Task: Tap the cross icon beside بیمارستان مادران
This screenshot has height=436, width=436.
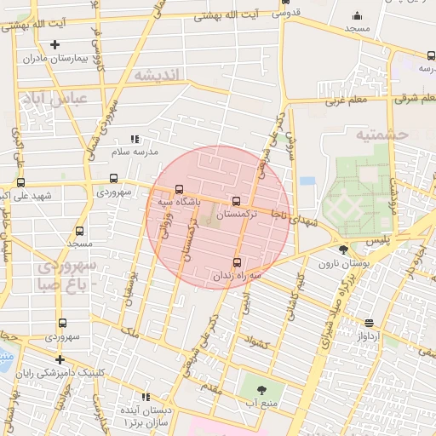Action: tap(55, 44)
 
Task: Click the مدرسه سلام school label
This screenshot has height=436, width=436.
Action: tap(135, 152)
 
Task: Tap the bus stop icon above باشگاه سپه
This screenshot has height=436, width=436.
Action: tap(178, 190)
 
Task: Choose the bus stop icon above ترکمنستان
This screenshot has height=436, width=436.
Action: tap(236, 201)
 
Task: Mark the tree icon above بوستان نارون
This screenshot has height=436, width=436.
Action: tap(342, 250)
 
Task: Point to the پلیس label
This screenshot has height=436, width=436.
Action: tap(379, 243)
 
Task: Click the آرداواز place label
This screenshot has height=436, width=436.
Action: tap(368, 336)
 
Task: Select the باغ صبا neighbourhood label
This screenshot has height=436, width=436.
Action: tap(60, 285)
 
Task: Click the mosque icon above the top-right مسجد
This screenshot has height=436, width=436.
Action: tap(356, 14)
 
